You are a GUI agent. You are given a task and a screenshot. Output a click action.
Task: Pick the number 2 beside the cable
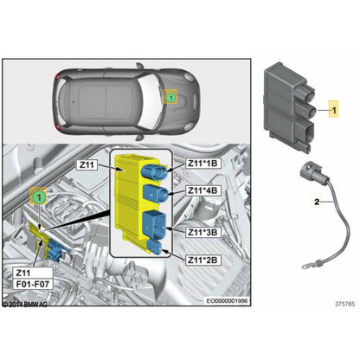[x=318, y=201]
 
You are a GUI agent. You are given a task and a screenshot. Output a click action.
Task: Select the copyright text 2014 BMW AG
[x=26, y=305]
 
